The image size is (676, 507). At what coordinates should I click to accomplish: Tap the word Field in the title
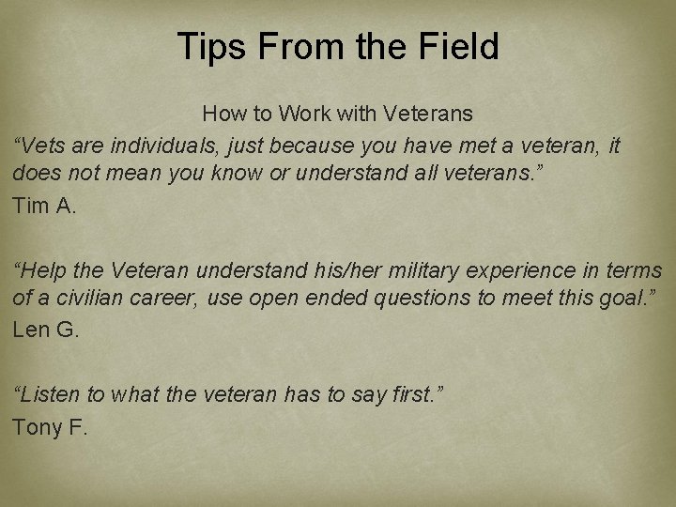click(457, 46)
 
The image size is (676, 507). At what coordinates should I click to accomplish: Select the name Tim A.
click(44, 206)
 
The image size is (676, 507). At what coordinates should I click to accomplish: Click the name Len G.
click(46, 330)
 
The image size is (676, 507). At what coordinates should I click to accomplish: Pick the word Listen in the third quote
click(47, 394)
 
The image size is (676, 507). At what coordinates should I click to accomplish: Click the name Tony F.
click(50, 427)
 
